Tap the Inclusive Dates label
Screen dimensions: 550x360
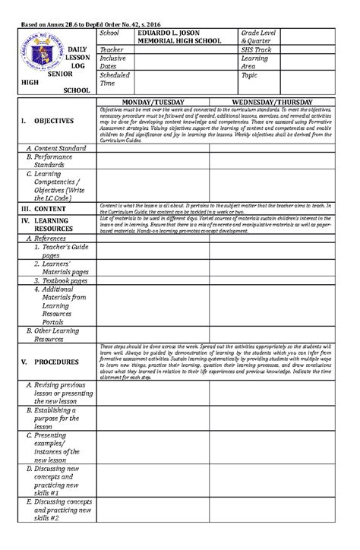pos(114,62)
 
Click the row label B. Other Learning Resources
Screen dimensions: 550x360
pos(56,335)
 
